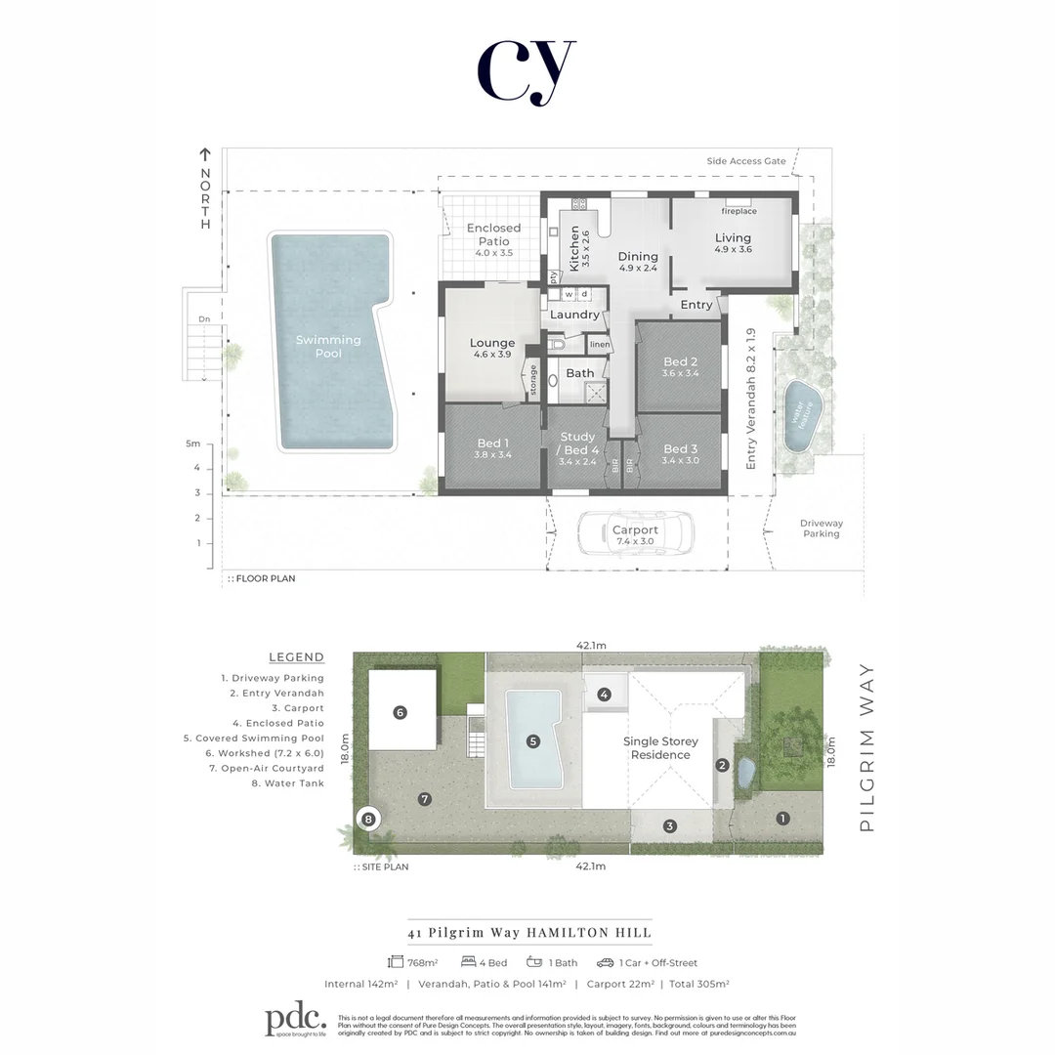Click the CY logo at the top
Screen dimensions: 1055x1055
(527, 70)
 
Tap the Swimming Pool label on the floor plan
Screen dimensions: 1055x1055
(328, 346)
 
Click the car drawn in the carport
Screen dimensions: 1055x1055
(635, 533)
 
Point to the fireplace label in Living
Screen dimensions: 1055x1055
(738, 211)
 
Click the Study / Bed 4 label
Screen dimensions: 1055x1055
(578, 443)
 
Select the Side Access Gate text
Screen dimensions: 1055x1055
(746, 161)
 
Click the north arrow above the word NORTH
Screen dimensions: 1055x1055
(205, 153)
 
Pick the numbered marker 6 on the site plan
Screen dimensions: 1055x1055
(400, 712)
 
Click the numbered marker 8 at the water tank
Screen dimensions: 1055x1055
(367, 820)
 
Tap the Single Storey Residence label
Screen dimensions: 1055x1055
(660, 748)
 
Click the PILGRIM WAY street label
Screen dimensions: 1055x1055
(865, 747)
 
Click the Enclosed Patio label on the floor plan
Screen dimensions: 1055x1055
(493, 234)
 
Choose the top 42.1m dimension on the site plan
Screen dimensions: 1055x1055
(591, 646)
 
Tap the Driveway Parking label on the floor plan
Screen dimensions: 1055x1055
(821, 528)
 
